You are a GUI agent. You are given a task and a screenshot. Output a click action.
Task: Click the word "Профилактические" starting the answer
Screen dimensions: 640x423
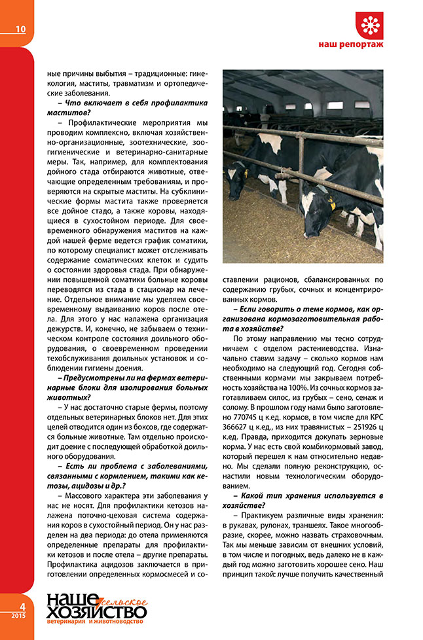(x=96, y=122)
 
